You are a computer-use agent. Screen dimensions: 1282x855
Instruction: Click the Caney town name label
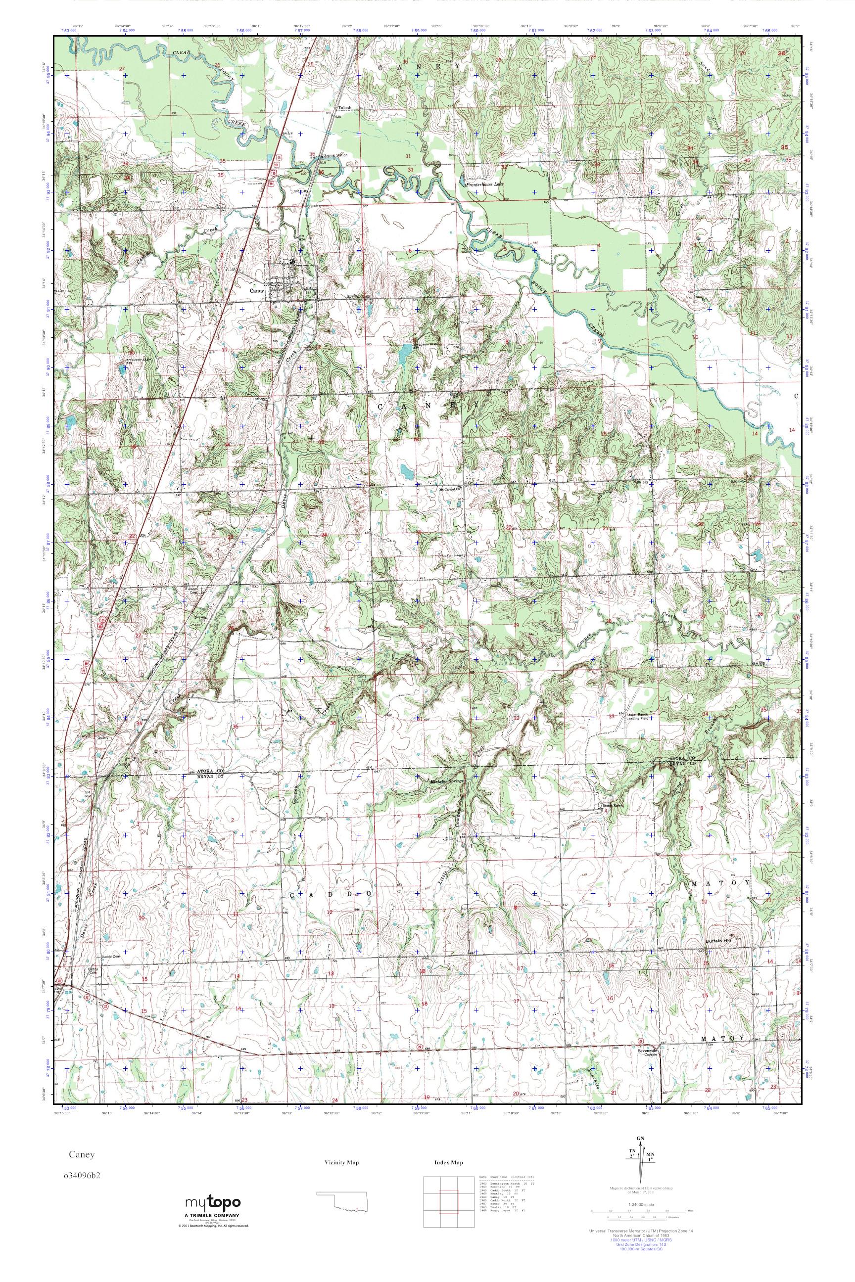tap(256, 290)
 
